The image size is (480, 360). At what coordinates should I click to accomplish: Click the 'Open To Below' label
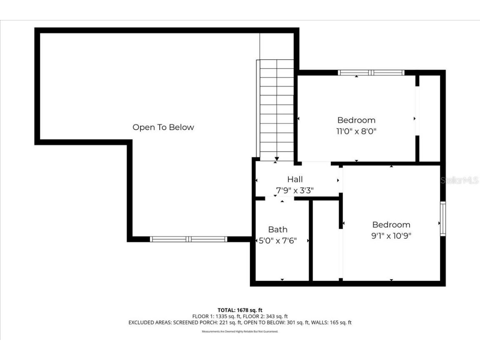163,127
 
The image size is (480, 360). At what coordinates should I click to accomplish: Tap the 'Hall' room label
295,179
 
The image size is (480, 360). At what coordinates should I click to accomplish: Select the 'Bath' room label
277,229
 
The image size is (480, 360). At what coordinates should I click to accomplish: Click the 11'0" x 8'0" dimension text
356,131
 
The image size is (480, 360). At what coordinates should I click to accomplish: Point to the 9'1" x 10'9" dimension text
391,235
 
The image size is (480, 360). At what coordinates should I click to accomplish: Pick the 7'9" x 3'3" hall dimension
295,190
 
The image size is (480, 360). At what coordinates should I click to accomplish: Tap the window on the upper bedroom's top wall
371,72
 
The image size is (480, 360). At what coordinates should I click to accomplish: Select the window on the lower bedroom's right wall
443,219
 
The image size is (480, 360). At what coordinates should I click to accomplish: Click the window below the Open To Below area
188,239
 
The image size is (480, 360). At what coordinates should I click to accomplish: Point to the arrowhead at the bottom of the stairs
277,159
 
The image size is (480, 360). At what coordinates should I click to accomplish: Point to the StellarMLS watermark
460,180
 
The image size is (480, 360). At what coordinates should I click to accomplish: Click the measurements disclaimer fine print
240,332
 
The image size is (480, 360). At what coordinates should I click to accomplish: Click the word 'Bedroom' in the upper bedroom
356,120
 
